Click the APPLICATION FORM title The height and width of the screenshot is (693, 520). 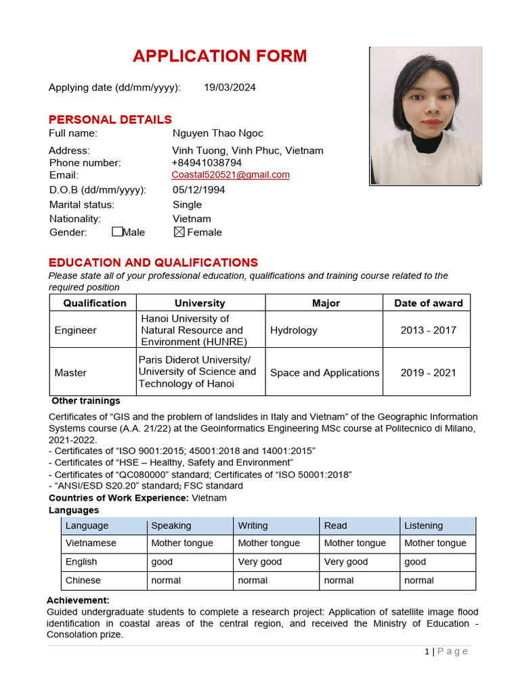(x=219, y=56)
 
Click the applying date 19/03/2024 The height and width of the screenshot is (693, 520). (x=230, y=87)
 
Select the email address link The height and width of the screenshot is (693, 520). (x=230, y=175)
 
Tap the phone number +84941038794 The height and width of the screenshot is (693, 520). (x=207, y=162)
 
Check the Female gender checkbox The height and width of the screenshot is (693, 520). (x=179, y=232)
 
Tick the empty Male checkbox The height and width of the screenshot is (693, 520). (x=117, y=232)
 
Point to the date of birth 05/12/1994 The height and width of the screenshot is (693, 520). (x=199, y=189)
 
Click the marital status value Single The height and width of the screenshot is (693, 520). (x=187, y=204)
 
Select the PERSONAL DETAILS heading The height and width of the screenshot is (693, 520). (x=110, y=120)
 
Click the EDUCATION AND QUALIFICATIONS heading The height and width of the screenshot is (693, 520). (x=153, y=263)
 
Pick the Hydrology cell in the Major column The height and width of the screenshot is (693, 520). (x=294, y=330)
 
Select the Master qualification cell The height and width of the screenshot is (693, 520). (x=71, y=372)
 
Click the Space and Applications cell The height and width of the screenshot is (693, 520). (x=324, y=372)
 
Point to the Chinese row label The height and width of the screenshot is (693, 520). (x=83, y=580)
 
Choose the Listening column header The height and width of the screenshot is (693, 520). (x=423, y=525)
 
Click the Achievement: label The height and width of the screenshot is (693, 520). (x=78, y=600)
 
